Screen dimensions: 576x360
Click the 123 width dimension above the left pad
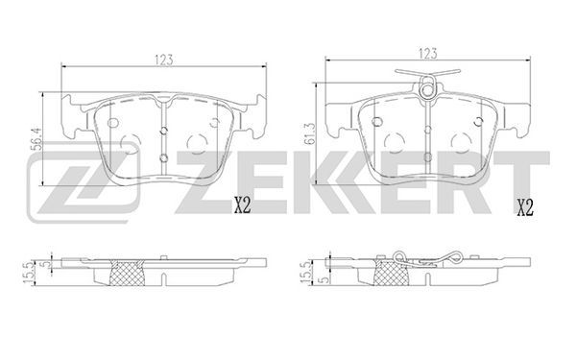163,60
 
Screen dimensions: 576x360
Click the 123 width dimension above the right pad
428,54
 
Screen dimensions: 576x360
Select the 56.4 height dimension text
36,139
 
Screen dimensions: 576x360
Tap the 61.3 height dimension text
310,133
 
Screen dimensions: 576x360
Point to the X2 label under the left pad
242,205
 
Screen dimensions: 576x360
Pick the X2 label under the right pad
525,207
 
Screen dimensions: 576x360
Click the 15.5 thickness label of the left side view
28,273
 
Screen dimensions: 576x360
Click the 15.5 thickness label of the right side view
304,273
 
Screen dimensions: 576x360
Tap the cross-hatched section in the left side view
128,273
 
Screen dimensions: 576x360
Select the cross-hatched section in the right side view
391,273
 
